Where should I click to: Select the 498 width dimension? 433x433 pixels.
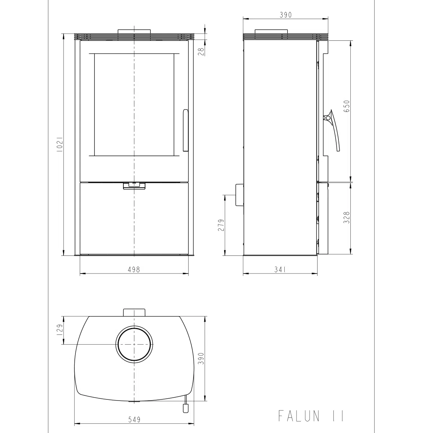[134, 269]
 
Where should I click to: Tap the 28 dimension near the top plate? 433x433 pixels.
[202, 51]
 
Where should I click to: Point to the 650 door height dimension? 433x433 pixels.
[346, 107]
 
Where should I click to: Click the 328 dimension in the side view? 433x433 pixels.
[346, 218]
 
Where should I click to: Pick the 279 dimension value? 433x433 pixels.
[221, 225]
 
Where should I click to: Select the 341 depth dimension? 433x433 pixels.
[280, 269]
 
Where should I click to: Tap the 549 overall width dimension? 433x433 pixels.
[134, 419]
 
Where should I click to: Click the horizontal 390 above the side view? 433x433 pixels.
[285, 15]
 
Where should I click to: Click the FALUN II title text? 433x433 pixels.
[311, 416]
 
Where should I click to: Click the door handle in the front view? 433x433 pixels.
[185, 130]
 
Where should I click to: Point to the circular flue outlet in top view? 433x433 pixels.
[134, 344]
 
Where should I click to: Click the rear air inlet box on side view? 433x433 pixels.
[239, 195]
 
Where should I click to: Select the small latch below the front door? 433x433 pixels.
[134, 185]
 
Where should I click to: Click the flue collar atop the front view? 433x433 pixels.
[134, 31]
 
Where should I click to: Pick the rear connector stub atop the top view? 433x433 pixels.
[134, 312]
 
